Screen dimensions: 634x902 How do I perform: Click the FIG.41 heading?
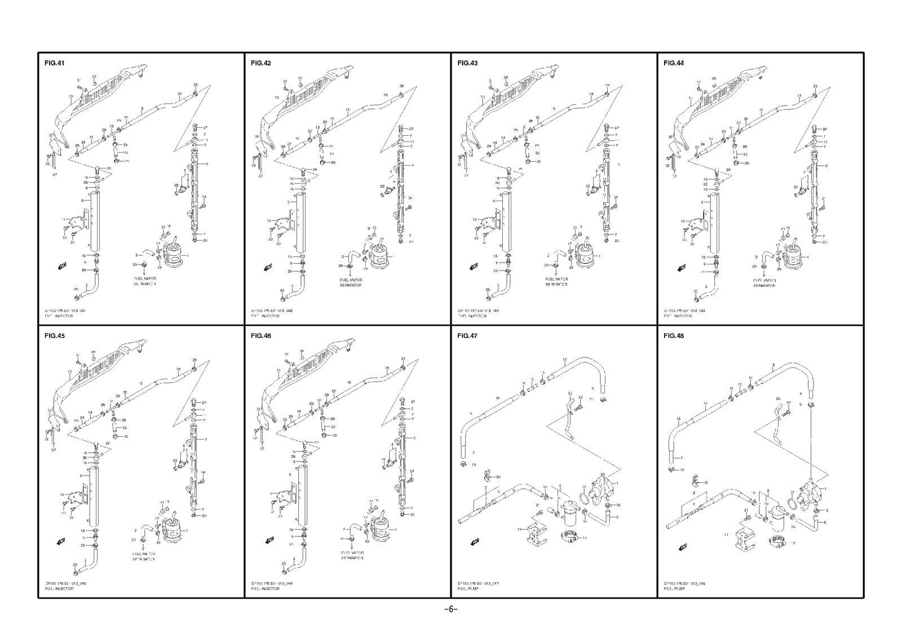tap(54, 63)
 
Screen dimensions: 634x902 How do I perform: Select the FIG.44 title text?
tap(674, 63)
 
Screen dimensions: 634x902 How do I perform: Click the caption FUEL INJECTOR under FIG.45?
tap(59, 588)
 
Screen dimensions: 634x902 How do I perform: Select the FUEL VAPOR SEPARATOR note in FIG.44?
tap(764, 282)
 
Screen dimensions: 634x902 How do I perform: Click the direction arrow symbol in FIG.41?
tap(62, 265)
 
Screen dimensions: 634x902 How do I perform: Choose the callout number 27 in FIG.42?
tap(410, 128)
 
